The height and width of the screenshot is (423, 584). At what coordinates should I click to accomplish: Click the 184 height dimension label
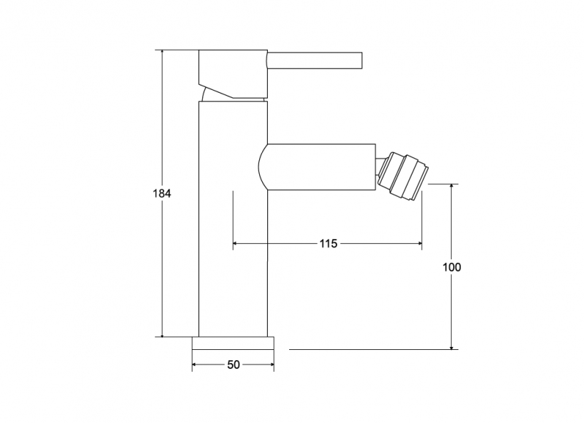(162, 194)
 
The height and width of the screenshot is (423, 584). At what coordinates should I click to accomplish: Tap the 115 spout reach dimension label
(328, 243)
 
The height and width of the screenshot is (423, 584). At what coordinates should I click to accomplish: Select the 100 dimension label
(451, 267)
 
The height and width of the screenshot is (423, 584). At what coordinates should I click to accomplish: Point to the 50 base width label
(234, 365)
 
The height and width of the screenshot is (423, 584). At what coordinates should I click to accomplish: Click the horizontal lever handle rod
(315, 61)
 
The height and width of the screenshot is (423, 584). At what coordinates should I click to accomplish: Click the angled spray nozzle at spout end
(403, 176)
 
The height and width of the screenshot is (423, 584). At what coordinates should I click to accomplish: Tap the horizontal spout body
(317, 167)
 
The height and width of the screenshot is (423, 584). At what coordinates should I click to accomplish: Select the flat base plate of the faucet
(233, 343)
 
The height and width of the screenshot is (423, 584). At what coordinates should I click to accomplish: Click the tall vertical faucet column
(233, 218)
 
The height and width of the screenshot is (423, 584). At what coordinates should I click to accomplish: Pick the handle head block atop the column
(233, 74)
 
